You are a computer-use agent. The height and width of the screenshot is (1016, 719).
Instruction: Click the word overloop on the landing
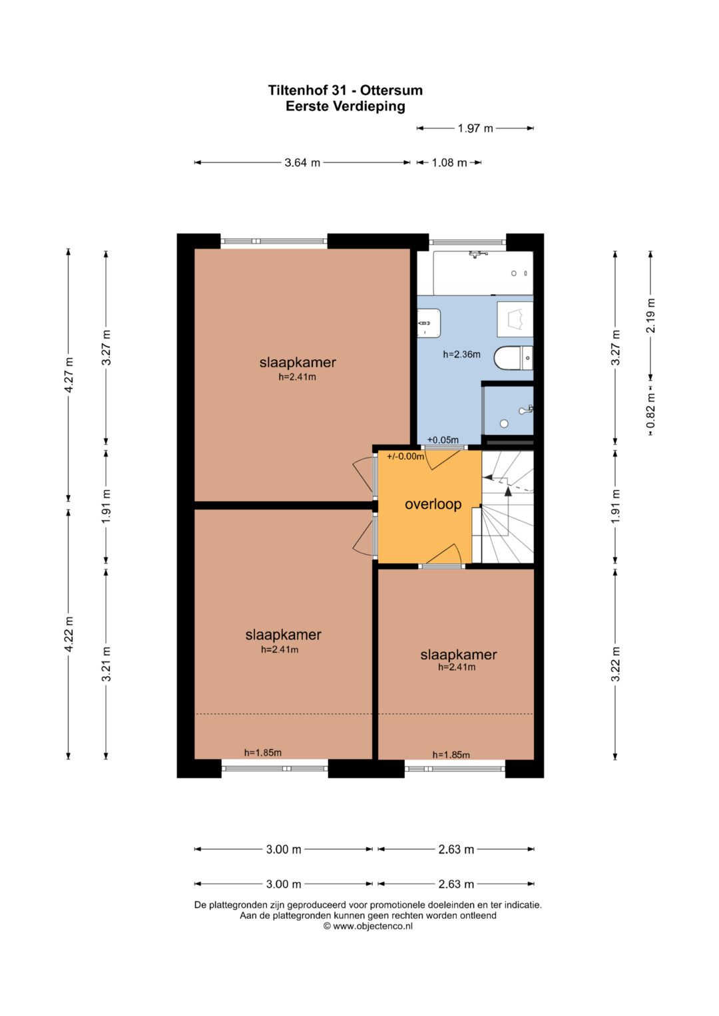[x=433, y=504]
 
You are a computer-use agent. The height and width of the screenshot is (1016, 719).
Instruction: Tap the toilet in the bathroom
[x=513, y=358]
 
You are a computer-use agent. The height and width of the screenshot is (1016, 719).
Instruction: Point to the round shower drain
[x=504, y=424]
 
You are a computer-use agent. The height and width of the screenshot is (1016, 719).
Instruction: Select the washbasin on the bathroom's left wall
[x=429, y=323]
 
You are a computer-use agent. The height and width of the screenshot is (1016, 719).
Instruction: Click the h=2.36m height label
[x=461, y=355]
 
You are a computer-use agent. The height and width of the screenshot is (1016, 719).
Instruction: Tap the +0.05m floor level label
[x=443, y=440]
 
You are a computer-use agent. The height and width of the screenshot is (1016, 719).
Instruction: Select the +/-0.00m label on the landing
[x=405, y=456]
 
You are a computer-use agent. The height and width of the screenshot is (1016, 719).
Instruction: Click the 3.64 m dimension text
[x=302, y=162]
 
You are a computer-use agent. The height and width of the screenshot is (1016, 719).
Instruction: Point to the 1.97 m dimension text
[x=475, y=128]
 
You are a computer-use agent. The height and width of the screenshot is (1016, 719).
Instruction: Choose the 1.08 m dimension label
[x=449, y=162]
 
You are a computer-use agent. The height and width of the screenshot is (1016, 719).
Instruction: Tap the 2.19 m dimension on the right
[x=651, y=315]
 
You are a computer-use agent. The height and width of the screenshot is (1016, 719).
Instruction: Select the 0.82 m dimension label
[x=651, y=410]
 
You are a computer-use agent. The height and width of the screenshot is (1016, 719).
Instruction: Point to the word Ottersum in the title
[x=391, y=90]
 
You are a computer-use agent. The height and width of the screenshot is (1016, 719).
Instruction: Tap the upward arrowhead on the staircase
[x=508, y=492]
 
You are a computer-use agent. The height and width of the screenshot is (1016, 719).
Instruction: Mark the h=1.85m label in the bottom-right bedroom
[x=451, y=755]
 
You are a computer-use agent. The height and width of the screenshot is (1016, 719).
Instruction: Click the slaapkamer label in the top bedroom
[x=298, y=363]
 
